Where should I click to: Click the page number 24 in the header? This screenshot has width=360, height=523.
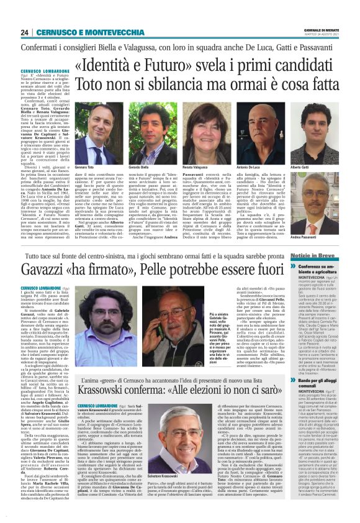click(x=24, y=31)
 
